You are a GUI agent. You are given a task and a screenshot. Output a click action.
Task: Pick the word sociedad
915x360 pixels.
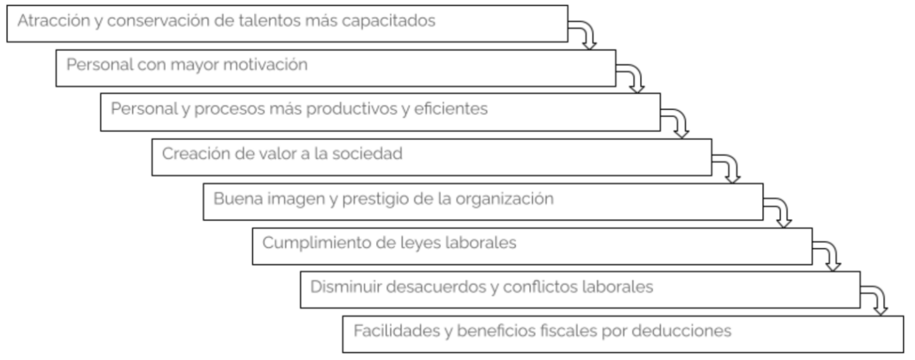click(367, 154)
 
